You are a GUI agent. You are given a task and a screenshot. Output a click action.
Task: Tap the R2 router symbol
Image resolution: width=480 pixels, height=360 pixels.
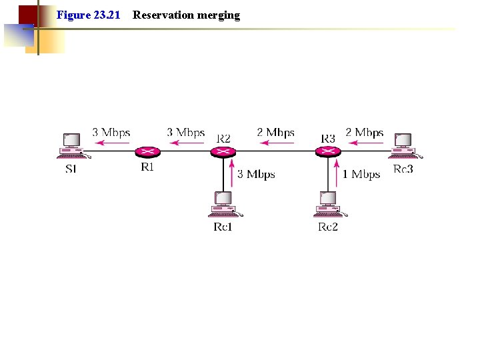(223, 152)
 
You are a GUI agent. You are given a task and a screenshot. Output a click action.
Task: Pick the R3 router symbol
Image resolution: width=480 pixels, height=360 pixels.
(327, 152)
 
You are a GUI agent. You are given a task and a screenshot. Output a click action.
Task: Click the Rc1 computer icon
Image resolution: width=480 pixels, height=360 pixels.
(223, 204)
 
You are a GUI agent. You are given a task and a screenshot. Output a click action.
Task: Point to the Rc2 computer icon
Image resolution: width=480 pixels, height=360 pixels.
(327, 204)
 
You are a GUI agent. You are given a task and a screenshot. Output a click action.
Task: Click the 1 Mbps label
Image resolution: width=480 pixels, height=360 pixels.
(361, 175)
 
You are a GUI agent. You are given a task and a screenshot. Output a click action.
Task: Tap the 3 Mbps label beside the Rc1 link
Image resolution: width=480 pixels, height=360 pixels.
(256, 175)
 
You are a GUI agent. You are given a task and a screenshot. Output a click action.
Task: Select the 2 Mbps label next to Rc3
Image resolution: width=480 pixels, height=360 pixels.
(364, 133)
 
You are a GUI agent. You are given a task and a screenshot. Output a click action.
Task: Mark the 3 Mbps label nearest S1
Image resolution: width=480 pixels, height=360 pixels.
(111, 133)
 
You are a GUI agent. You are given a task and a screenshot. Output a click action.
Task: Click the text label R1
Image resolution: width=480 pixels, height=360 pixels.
(147, 167)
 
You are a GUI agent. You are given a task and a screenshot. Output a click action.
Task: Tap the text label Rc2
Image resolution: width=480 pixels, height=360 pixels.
(327, 227)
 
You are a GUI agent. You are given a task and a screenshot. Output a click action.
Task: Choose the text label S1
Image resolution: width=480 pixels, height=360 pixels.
(71, 169)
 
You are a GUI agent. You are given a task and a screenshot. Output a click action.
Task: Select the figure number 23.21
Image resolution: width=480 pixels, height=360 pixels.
(106, 15)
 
